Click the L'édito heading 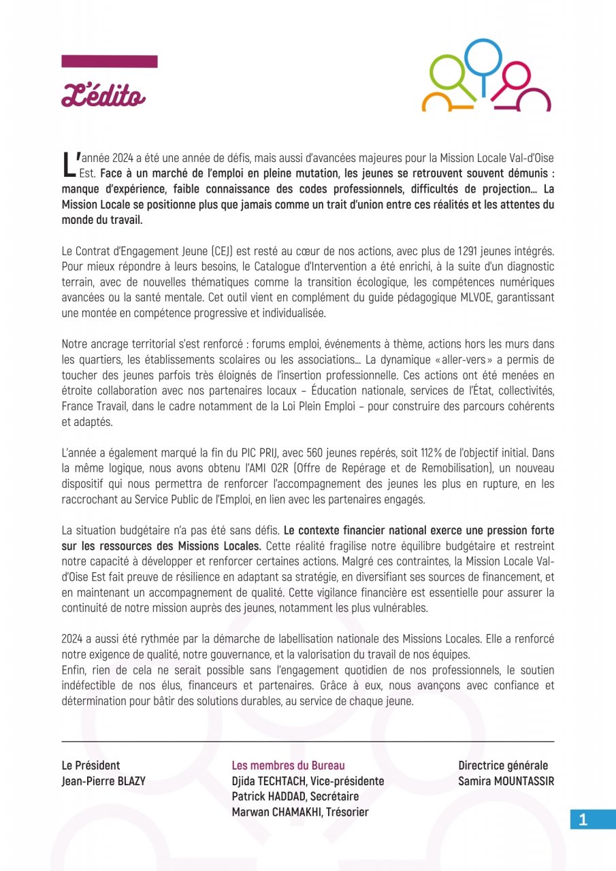click(x=103, y=96)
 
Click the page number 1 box click(x=583, y=819)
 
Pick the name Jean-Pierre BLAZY click(x=103, y=781)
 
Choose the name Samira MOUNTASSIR click(x=506, y=781)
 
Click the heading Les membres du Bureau click(x=289, y=766)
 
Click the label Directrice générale click(x=502, y=766)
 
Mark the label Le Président click(x=91, y=766)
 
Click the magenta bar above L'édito click(x=110, y=61)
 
